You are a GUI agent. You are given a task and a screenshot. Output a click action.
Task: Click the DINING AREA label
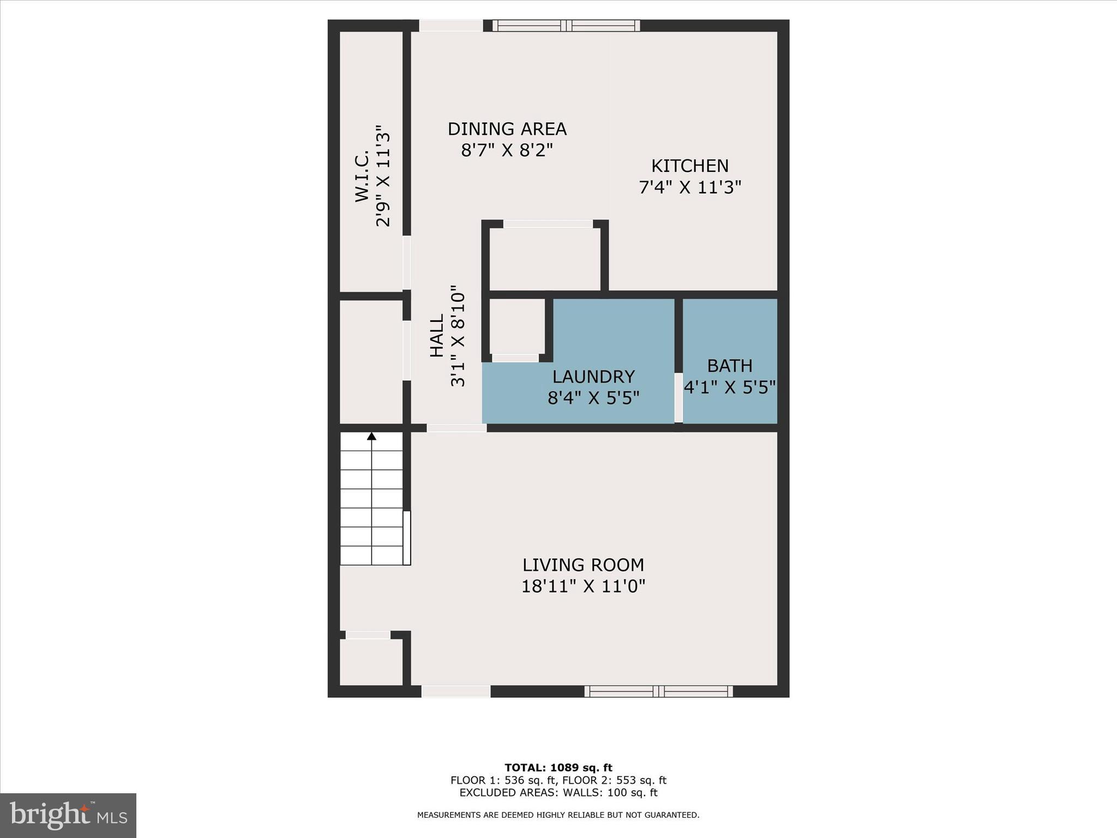click(x=507, y=129)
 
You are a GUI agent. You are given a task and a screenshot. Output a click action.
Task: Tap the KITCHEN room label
click(x=690, y=166)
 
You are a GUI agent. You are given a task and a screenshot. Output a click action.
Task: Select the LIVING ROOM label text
click(x=583, y=565)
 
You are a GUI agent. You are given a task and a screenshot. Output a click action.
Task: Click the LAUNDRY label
click(x=593, y=377)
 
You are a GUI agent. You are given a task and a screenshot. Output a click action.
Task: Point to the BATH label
click(x=730, y=366)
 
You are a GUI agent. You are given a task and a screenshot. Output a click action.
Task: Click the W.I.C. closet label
click(x=363, y=176)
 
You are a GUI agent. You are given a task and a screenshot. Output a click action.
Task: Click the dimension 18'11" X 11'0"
click(x=583, y=586)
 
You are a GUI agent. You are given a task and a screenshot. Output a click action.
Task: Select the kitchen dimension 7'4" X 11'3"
click(x=690, y=188)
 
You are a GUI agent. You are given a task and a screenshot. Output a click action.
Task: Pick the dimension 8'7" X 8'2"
click(x=507, y=150)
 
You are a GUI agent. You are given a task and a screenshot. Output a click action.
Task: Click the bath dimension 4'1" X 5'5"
click(x=730, y=387)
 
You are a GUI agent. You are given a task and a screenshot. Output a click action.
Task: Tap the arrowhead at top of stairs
click(x=371, y=436)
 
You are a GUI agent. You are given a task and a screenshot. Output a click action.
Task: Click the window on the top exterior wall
click(x=566, y=25)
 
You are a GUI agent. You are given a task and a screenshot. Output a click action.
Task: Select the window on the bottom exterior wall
click(x=658, y=691)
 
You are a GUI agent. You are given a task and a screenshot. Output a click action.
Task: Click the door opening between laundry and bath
click(x=678, y=397)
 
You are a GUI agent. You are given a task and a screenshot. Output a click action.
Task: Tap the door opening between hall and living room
click(x=457, y=428)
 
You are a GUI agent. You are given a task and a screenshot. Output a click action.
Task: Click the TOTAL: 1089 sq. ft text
click(x=558, y=768)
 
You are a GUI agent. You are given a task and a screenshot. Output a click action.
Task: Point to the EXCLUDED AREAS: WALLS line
click(x=558, y=793)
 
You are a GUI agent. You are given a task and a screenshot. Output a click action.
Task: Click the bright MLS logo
click(x=68, y=815)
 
